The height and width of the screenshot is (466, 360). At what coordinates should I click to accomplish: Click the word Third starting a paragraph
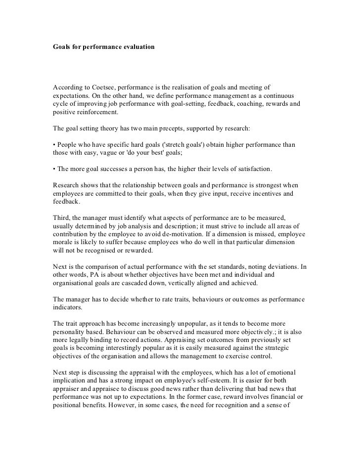62,217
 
